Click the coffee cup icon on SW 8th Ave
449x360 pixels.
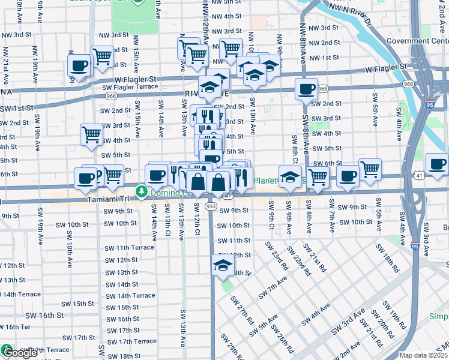pyautogui.click(x=306, y=89)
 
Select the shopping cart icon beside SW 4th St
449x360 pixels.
pyautogui.click(x=91, y=134)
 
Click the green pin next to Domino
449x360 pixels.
pyautogui.click(x=142, y=192)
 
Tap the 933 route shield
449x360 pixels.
pyautogui.click(x=211, y=206)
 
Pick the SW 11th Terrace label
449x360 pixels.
pyautogui.click(x=129, y=248)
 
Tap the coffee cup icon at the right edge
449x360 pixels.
pyautogui.click(x=436, y=164)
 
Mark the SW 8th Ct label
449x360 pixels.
pyautogui.click(x=295, y=151)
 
